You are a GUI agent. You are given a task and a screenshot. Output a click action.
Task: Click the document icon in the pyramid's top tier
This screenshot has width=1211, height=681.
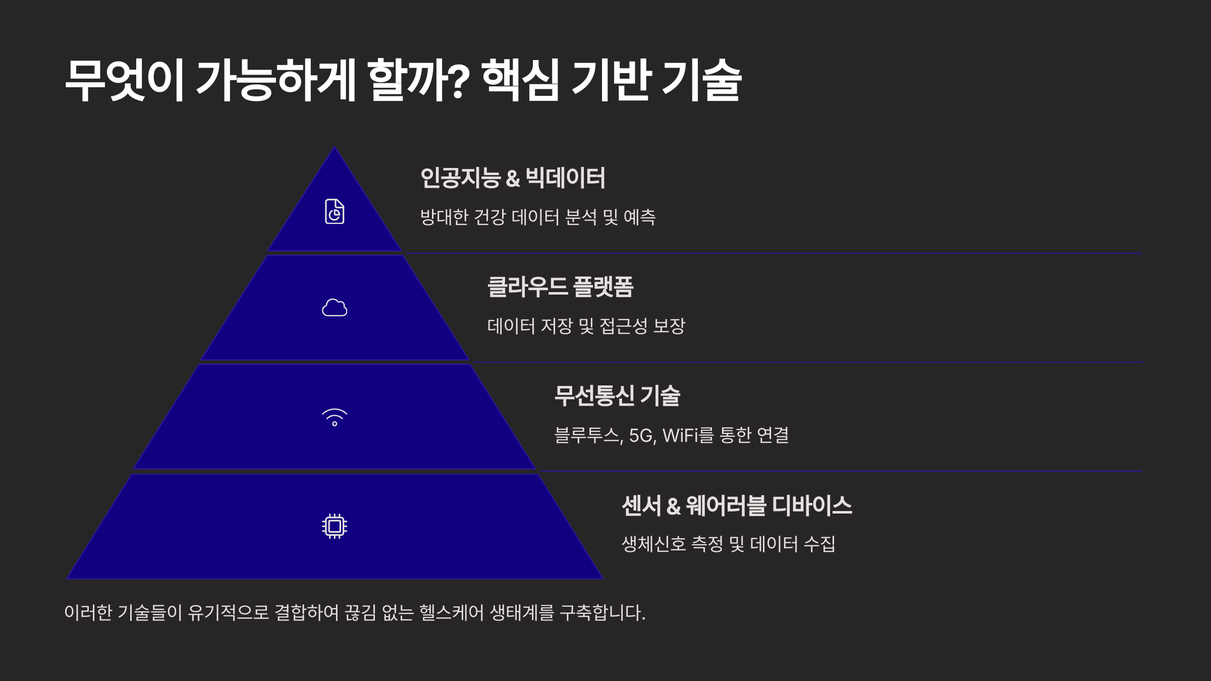tap(335, 211)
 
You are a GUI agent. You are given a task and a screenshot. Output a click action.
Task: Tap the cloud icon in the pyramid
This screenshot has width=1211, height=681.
tap(335, 307)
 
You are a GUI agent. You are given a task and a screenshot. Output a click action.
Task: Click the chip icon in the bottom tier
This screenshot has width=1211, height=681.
tap(335, 526)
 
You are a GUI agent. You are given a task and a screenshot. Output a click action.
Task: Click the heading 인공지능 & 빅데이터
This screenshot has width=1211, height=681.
tap(512, 178)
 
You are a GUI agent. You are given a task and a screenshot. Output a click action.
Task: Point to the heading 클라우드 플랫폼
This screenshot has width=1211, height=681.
tap(560, 287)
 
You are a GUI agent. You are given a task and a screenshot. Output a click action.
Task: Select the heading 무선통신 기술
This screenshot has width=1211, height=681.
tap(617, 395)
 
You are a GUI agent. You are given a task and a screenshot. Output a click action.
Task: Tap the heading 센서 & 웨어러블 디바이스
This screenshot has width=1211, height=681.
tap(737, 505)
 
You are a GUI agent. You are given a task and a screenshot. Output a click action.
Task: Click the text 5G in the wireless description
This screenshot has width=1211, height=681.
tap(642, 435)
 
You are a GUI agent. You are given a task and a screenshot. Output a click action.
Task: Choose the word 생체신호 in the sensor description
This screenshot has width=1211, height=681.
tap(653, 544)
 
